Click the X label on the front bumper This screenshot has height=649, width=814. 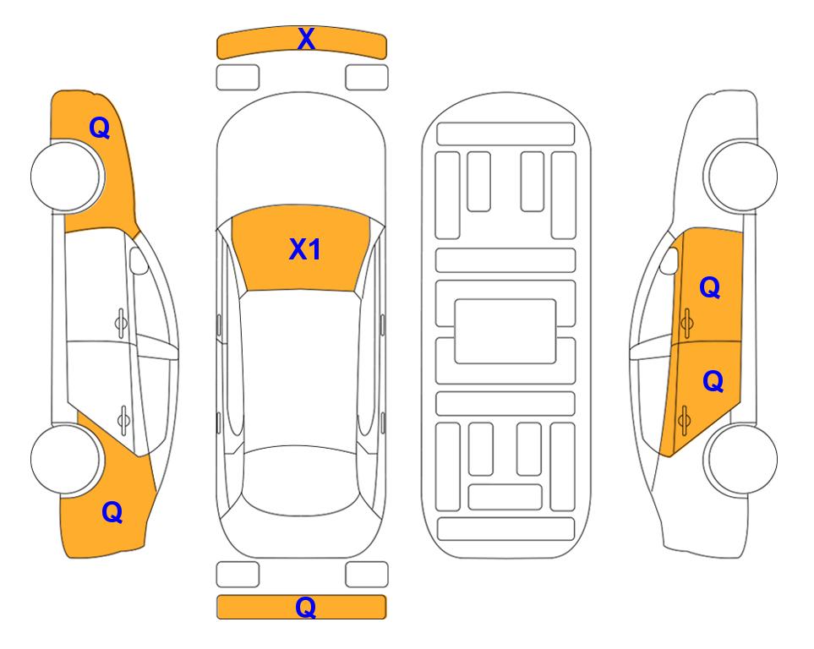click(x=306, y=39)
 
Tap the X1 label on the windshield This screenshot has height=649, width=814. click(x=305, y=249)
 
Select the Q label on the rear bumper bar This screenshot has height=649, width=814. click(x=306, y=607)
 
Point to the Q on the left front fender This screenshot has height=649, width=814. click(x=100, y=128)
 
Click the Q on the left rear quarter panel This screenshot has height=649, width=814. click(x=112, y=512)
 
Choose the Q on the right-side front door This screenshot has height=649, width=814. click(x=710, y=287)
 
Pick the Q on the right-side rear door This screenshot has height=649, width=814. click(x=713, y=382)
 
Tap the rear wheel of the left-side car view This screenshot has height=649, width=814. click(x=67, y=460)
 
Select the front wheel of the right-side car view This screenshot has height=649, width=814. click(x=740, y=176)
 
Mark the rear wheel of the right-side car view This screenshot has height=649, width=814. click(x=740, y=460)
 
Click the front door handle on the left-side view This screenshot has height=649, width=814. click(x=121, y=324)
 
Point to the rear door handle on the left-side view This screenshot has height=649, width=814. click(x=123, y=419)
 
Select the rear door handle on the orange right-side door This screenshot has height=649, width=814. click(x=684, y=419)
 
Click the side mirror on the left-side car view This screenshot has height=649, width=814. click(x=138, y=260)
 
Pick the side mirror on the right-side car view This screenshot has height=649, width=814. click(x=669, y=260)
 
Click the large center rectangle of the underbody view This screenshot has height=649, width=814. click(x=505, y=331)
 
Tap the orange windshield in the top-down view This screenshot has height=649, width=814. click(x=301, y=248)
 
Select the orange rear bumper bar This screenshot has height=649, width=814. click(x=301, y=607)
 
